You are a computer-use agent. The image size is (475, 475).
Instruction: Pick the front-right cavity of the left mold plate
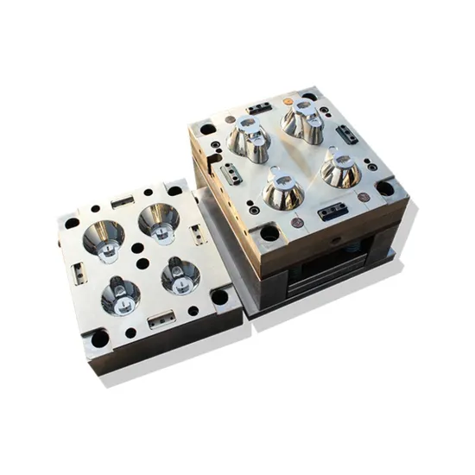[180, 275]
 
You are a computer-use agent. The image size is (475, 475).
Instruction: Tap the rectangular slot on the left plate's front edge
[160, 321]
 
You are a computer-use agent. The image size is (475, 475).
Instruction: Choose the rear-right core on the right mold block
[303, 121]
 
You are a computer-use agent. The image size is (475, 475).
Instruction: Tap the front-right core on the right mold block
[340, 169]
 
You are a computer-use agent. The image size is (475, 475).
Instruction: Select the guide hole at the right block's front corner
[270, 232]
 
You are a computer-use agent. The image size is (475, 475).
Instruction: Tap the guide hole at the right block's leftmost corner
[207, 130]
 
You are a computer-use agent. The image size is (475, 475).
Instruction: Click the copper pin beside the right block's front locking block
[297, 223]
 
